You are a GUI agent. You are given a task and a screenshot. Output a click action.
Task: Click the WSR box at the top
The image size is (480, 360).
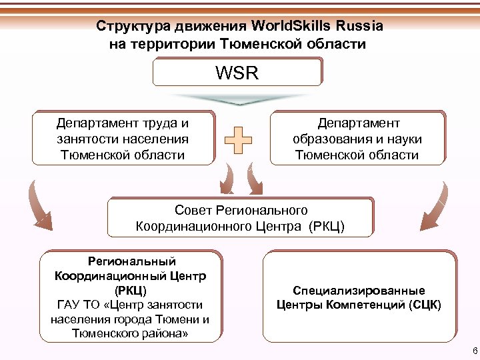click(x=237, y=72)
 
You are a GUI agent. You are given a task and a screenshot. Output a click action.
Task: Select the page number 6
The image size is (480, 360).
click(x=474, y=351)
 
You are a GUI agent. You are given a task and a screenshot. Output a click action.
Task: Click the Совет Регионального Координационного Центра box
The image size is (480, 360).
click(x=240, y=218)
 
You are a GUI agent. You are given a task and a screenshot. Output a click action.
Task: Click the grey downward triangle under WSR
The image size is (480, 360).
click(x=238, y=100)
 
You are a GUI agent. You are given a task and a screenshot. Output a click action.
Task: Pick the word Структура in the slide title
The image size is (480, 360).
click(x=133, y=27)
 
